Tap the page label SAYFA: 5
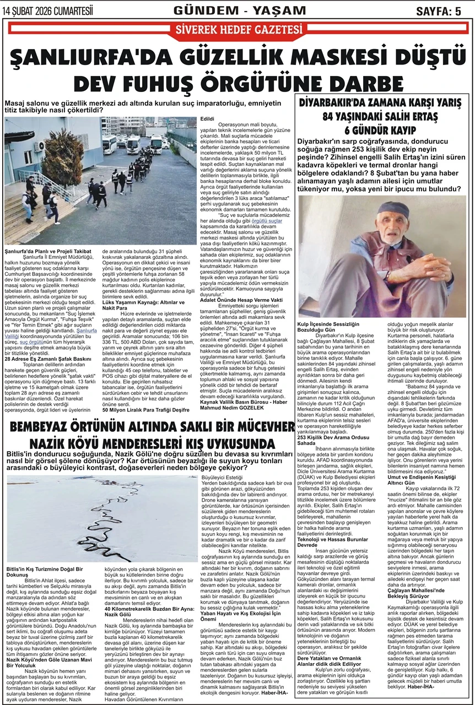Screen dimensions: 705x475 click(x=438, y=11)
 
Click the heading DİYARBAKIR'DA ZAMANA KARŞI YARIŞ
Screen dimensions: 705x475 click(x=380, y=103)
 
